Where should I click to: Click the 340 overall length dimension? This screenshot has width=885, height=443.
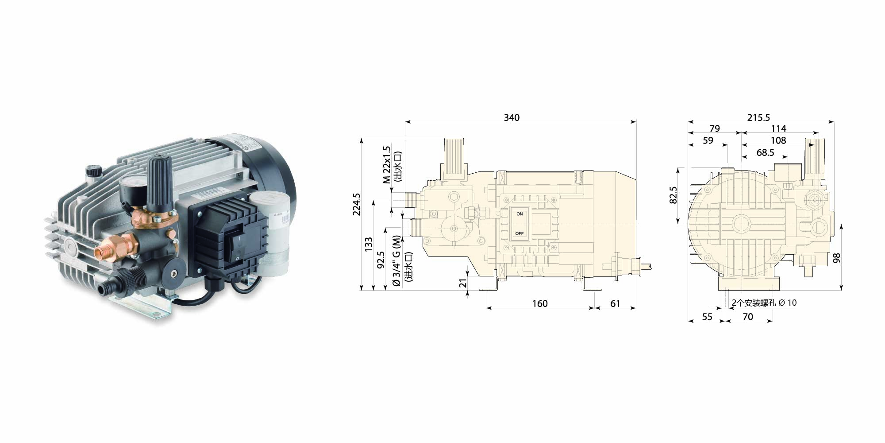(512, 117)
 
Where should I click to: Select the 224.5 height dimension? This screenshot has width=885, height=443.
(357, 204)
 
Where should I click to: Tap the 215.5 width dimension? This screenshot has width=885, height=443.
(758, 117)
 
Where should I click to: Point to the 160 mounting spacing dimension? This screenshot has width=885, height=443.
(540, 303)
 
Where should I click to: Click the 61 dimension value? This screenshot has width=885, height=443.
(615, 303)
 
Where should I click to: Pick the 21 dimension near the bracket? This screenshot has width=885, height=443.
(463, 283)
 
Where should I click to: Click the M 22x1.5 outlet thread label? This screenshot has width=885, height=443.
(387, 165)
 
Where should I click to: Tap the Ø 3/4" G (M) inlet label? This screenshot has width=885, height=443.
(396, 261)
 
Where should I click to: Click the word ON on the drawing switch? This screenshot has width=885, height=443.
(519, 214)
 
